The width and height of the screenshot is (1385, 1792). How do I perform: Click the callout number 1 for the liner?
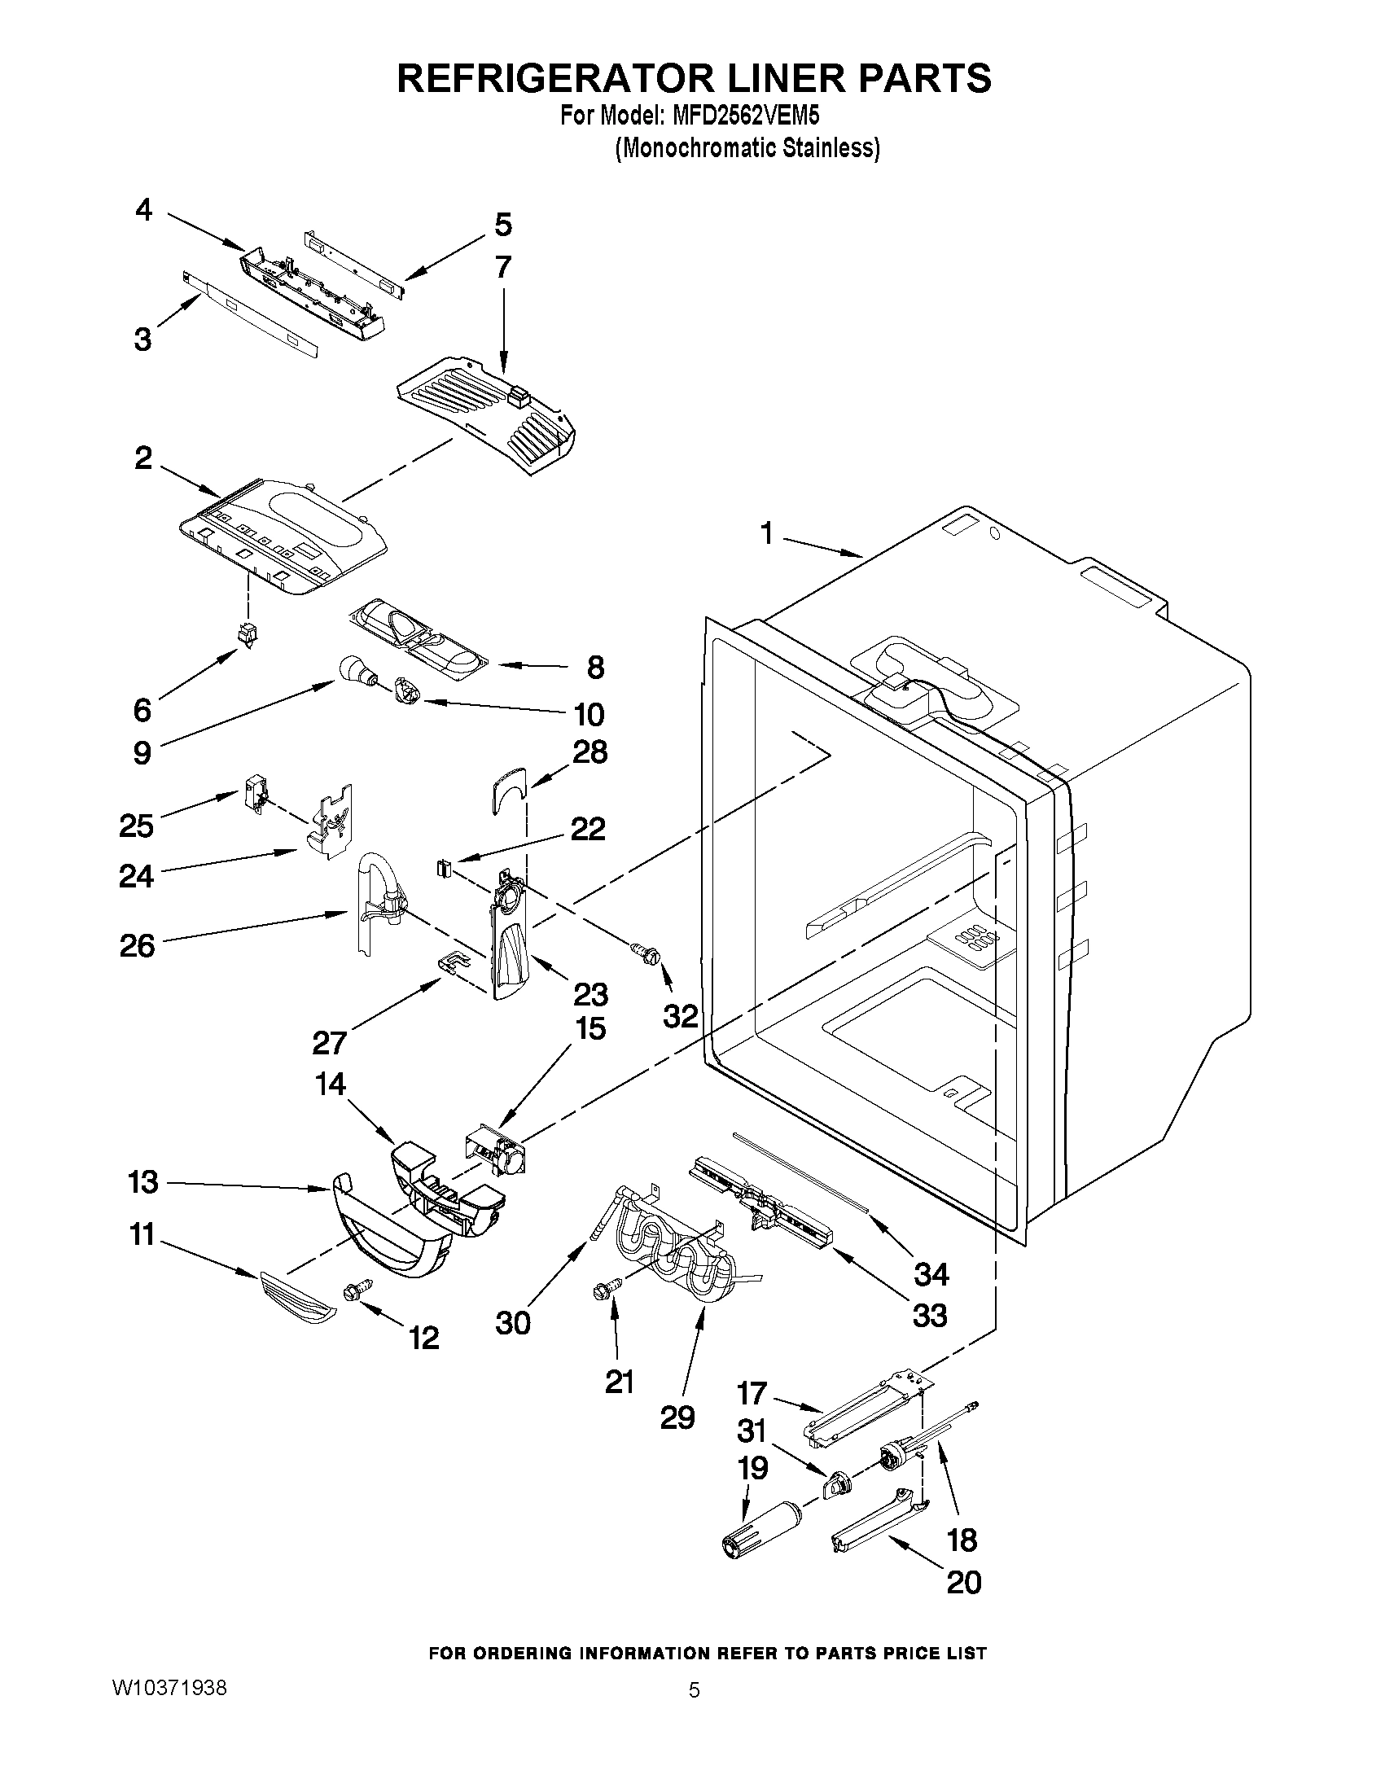[766, 535]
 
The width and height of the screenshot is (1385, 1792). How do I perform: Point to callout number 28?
[591, 751]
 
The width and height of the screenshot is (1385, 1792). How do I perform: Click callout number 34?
[931, 1273]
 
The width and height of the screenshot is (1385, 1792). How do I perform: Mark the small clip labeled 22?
[444, 866]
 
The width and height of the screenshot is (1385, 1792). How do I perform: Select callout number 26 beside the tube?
[137, 945]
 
